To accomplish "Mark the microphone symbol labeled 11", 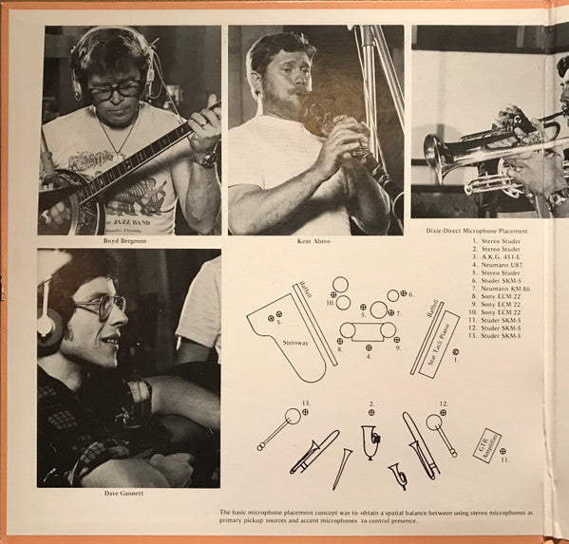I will click(x=503, y=451).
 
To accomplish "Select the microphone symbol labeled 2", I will click(x=371, y=412).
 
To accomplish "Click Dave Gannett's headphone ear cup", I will click(x=48, y=328).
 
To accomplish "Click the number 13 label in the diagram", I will click(x=306, y=403).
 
